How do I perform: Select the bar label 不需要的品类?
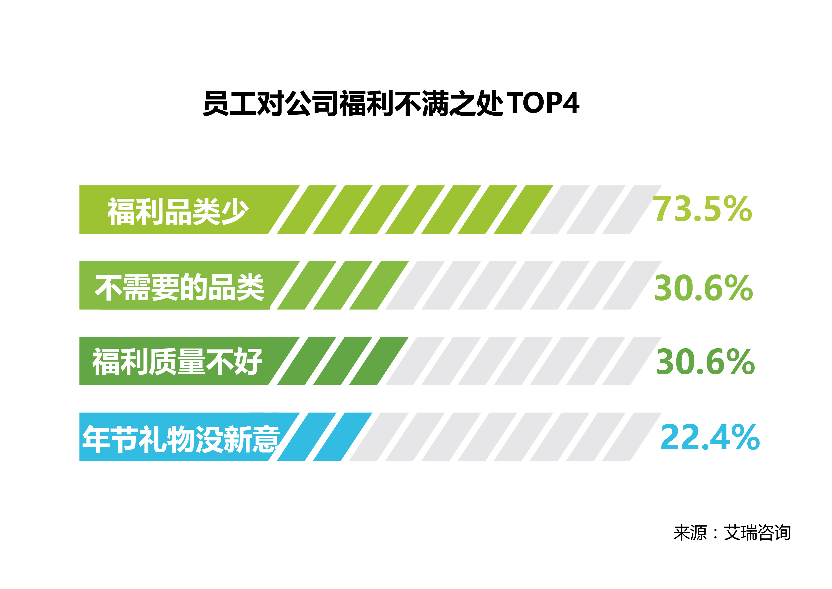click(x=179, y=287)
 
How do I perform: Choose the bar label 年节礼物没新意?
click(x=181, y=439)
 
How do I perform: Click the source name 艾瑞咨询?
click(x=757, y=533)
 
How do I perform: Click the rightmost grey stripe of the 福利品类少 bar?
click(x=632, y=210)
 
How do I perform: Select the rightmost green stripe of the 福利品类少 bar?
click(x=523, y=210)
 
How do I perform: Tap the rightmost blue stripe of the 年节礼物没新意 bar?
click(x=342, y=437)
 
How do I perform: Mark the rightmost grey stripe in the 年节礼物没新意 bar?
click(x=632, y=437)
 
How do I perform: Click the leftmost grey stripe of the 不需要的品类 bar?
click(x=415, y=285)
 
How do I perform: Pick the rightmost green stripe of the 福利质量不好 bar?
click(x=379, y=361)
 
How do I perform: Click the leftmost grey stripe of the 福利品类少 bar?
click(x=559, y=210)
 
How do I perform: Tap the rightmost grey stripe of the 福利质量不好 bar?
click(x=632, y=361)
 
